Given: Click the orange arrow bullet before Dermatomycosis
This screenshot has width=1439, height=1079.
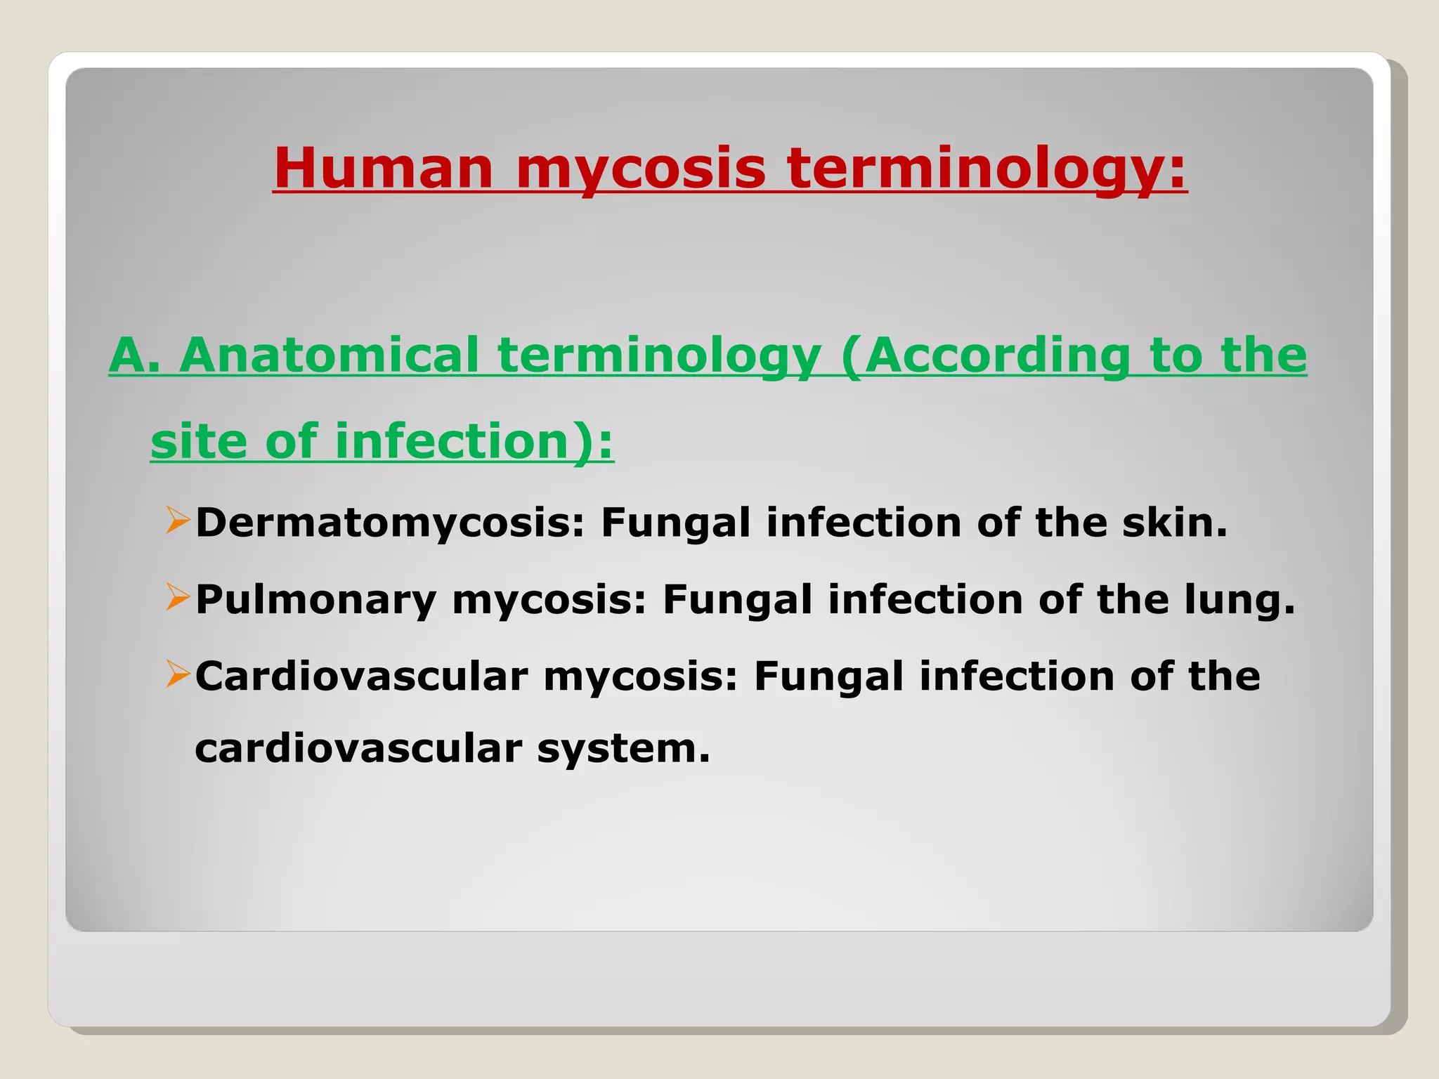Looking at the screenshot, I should click(x=178, y=521).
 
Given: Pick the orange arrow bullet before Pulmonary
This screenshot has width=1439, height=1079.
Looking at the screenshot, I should click(x=178, y=598).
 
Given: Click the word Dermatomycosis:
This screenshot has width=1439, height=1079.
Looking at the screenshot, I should click(x=390, y=523).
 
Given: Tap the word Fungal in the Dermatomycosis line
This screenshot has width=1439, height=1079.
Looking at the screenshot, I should click(x=675, y=523).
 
